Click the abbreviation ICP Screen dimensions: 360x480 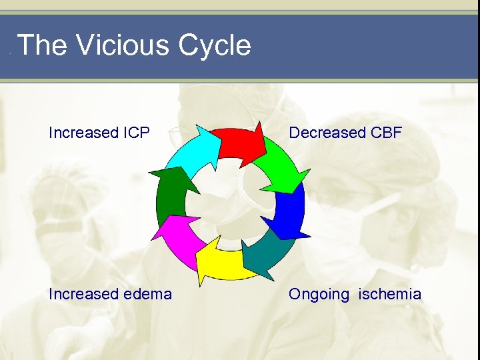click(136, 133)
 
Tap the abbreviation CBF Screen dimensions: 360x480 click(385, 133)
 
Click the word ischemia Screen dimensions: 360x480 click(390, 294)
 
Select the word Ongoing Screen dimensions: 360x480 click(319, 295)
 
